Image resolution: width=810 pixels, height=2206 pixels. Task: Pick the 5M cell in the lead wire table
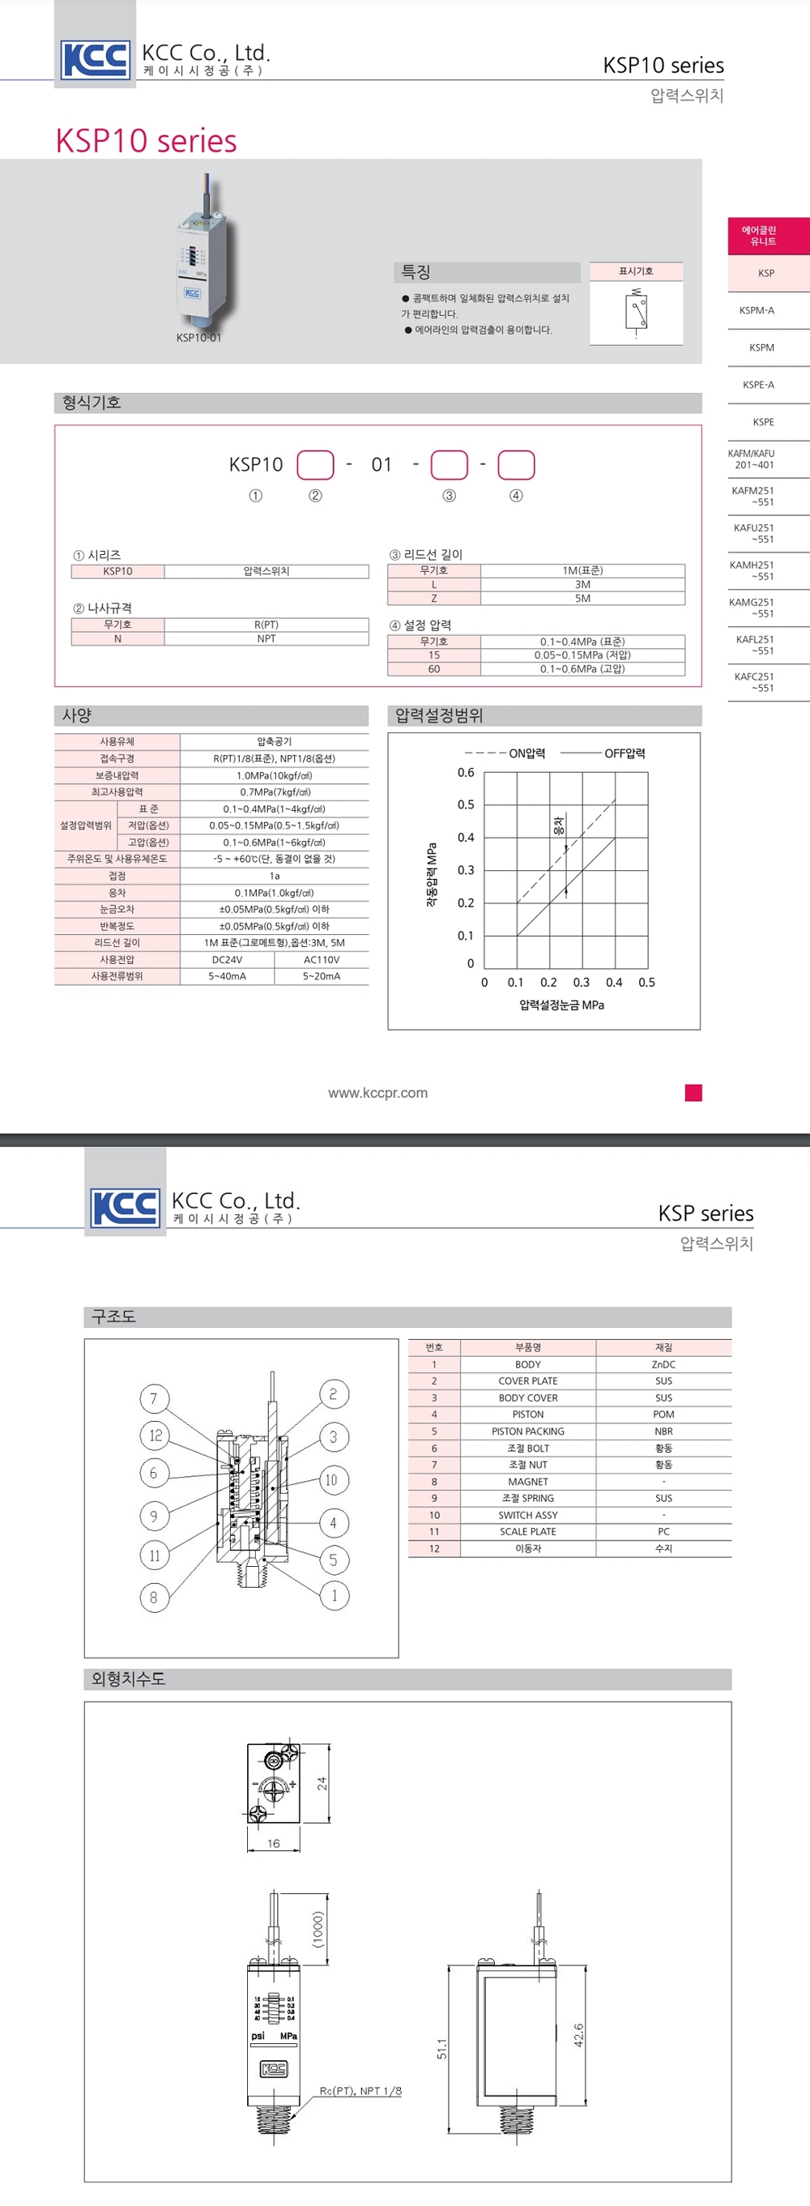[582, 599]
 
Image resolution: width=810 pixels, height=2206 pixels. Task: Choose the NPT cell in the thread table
[266, 639]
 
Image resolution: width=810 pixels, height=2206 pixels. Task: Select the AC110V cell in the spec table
[321, 960]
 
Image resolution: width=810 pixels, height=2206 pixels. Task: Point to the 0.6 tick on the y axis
[466, 772]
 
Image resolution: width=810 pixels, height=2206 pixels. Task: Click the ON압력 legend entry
[526, 753]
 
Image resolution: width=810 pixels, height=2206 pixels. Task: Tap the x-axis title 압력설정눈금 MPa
[561, 1005]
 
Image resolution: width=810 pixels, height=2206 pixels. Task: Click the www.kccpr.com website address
[377, 1093]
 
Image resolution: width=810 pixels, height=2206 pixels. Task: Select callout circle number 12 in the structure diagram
[155, 1436]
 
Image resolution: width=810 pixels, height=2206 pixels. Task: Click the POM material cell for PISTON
[663, 1414]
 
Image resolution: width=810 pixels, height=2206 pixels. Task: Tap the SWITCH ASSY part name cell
[527, 1515]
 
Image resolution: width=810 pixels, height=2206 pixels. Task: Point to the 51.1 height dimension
[441, 2048]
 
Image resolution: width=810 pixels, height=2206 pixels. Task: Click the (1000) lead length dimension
[318, 1930]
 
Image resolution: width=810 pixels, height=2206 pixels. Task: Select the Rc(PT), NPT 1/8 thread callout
[360, 2090]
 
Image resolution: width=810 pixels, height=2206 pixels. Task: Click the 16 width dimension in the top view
[273, 1843]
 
